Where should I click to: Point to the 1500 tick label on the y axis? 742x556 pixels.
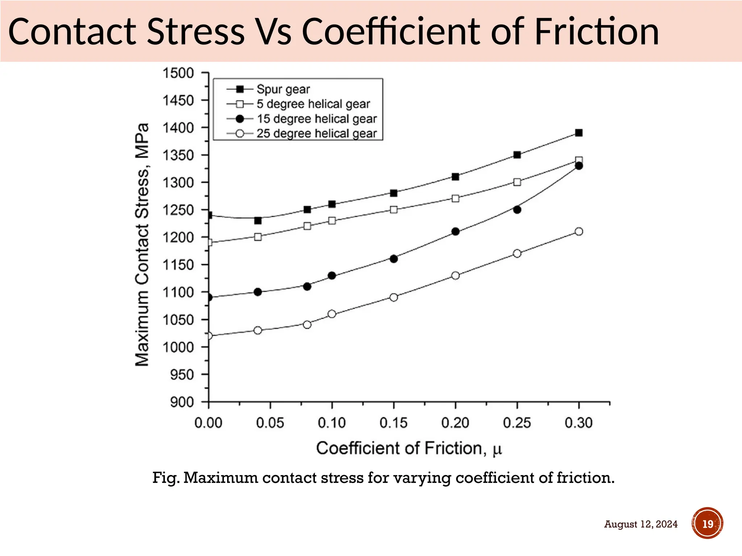click(x=178, y=73)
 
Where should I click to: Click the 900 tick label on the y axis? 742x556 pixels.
click(x=182, y=402)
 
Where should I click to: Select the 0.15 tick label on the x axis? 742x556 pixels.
click(x=393, y=423)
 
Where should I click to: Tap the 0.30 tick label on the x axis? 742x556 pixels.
click(x=579, y=423)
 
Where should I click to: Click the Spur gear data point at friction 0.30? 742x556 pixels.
click(x=579, y=133)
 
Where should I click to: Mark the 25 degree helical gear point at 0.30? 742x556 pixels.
click(x=579, y=232)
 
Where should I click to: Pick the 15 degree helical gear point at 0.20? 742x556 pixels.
click(x=456, y=232)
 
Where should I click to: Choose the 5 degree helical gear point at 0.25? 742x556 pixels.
click(x=517, y=182)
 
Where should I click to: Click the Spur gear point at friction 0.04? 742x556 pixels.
click(x=258, y=220)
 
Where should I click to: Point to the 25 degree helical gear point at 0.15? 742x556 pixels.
click(x=394, y=297)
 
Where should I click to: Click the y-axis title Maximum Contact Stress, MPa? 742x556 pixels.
click(x=142, y=245)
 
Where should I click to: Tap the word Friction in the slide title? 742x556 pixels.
click(x=596, y=31)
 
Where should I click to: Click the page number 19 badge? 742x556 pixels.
click(x=708, y=524)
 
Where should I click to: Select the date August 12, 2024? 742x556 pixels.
click(x=641, y=524)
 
